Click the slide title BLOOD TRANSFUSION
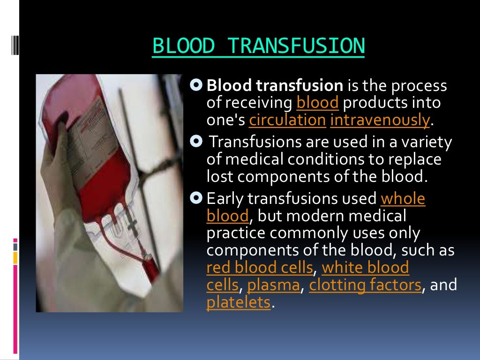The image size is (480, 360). pos(258,46)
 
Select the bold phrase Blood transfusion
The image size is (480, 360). pos(275,86)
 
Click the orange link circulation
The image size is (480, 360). pos(287,120)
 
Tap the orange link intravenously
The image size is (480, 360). pos(380,120)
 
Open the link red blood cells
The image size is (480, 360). pos(259,268)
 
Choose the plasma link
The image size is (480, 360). pos(273,285)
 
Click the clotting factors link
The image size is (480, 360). pos(365,285)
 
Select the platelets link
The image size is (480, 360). pos(239,302)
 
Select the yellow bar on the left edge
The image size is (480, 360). pos(15,257)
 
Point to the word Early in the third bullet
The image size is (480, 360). pos(225,199)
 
